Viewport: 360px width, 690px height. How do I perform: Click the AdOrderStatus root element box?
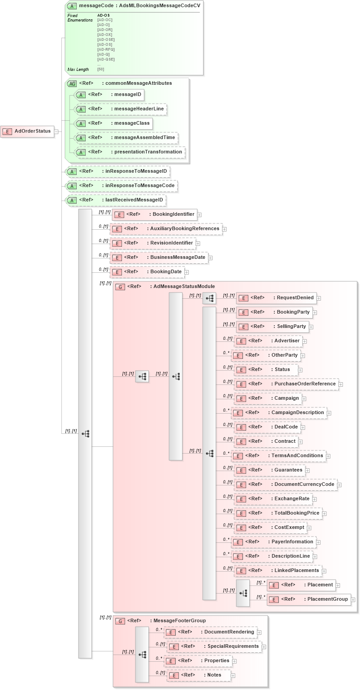[27, 131]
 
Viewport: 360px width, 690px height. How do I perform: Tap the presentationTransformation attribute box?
[130, 152]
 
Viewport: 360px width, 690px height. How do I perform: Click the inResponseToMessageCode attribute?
[121, 185]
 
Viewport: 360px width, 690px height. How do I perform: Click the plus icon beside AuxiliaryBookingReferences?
[225, 229]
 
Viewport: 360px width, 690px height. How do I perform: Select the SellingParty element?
[273, 326]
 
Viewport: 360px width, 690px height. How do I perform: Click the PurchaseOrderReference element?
[286, 384]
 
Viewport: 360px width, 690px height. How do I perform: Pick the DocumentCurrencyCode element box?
[285, 484]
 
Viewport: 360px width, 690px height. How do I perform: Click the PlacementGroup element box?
[308, 599]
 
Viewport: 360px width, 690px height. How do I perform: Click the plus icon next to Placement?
[338, 585]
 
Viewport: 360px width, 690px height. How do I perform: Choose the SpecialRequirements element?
[214, 646]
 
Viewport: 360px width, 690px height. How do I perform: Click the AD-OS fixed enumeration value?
[104, 15]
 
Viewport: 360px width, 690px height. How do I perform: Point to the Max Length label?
[78, 70]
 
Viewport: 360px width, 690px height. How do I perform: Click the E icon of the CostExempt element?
[241, 528]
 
